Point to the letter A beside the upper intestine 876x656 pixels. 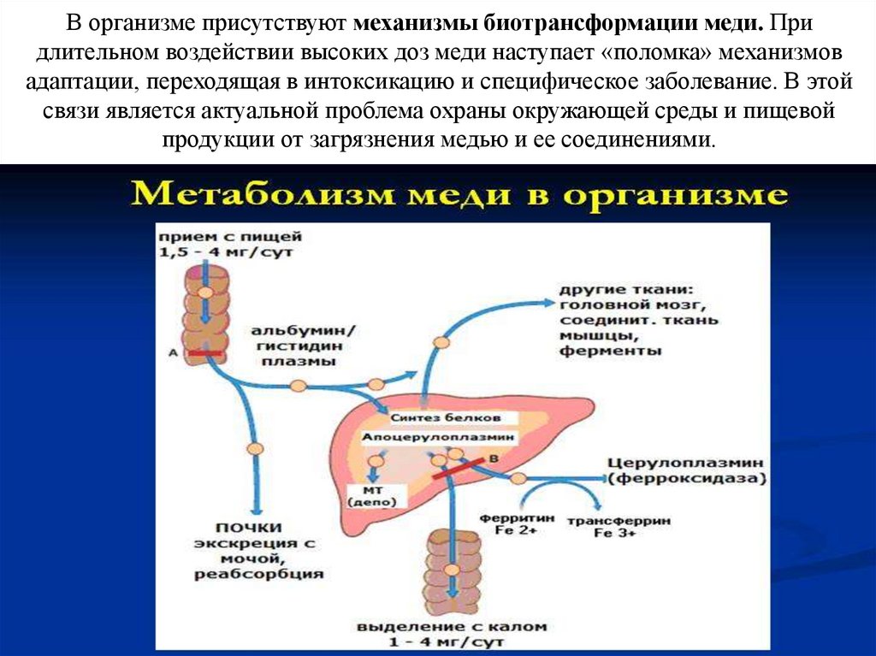click(x=174, y=352)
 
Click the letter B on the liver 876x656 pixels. click(x=492, y=460)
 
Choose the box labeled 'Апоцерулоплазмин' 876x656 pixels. click(x=441, y=437)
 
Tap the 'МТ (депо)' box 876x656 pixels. click(x=372, y=495)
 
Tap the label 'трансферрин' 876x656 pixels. click(x=632, y=521)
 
